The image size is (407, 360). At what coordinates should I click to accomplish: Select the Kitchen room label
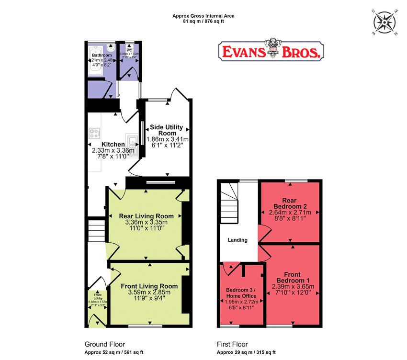tap(113, 144)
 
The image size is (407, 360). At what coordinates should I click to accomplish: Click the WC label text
tap(129, 50)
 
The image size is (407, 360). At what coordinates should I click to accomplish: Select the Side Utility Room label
tap(167, 130)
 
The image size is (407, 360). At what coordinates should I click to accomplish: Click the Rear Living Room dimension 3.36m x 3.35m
tap(146, 223)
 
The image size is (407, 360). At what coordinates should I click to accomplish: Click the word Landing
tap(237, 240)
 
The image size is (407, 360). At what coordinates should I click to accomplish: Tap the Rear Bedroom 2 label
tap(289, 203)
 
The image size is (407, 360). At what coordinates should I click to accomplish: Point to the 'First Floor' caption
tap(229, 344)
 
